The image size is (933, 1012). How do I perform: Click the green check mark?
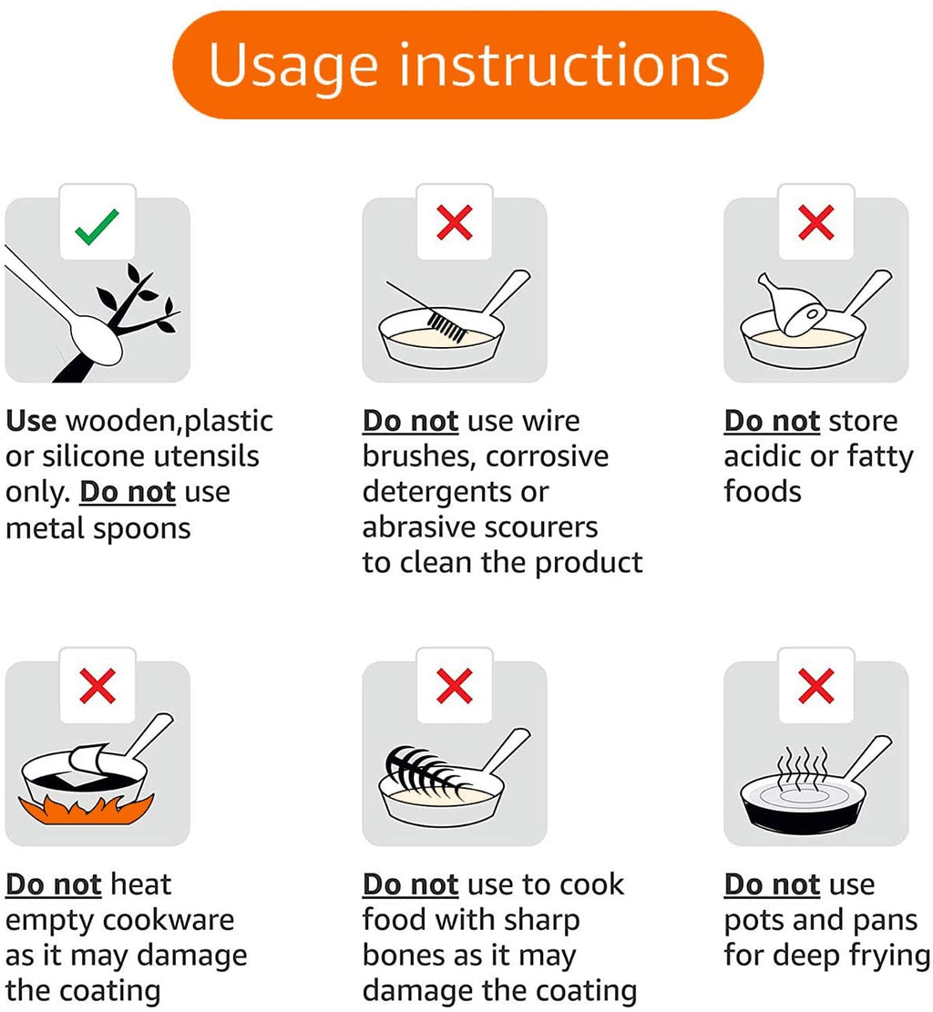click(x=97, y=227)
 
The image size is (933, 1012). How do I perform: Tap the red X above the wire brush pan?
click(x=455, y=222)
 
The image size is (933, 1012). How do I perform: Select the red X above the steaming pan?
click(x=816, y=685)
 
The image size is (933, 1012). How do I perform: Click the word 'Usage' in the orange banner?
click(x=292, y=66)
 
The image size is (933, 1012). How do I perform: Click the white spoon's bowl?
click(x=96, y=340)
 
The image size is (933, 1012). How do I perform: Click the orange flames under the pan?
click(x=86, y=810)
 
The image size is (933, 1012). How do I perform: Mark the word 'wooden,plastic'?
click(x=169, y=422)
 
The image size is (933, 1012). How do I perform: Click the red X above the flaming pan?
click(x=97, y=685)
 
